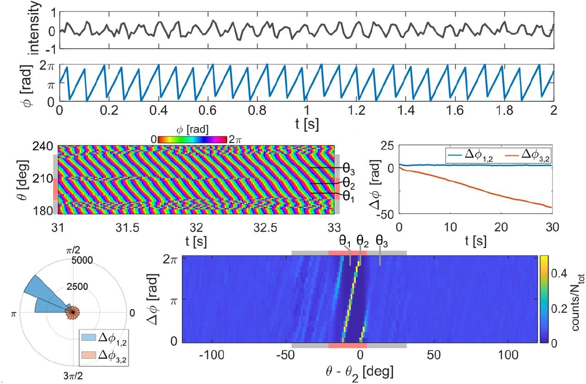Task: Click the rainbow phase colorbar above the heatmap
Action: [192, 139]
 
